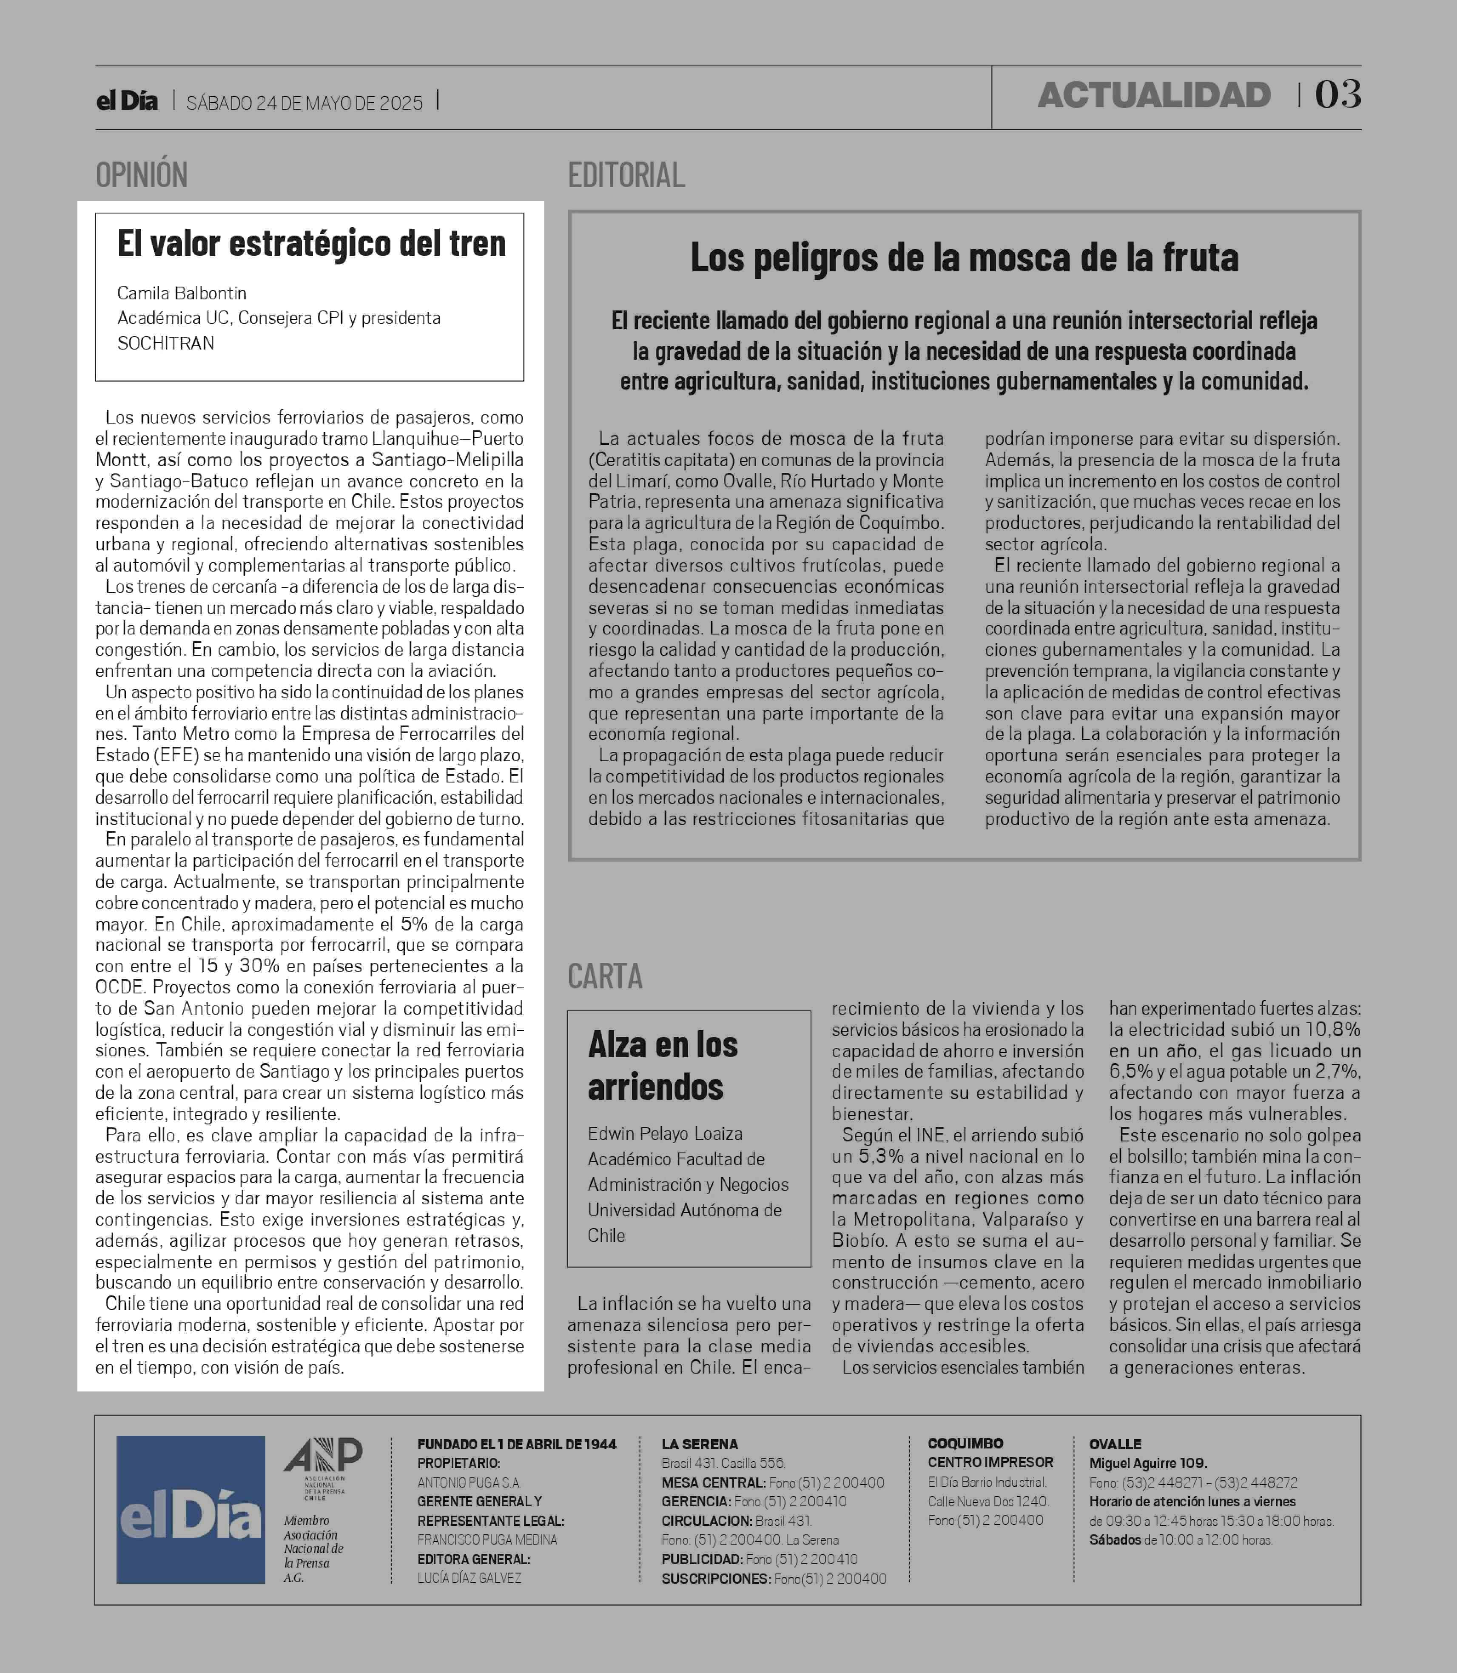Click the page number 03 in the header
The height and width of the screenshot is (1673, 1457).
tap(1337, 95)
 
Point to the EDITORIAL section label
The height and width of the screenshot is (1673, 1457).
tap(626, 175)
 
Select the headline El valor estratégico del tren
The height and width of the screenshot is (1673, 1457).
tap(311, 243)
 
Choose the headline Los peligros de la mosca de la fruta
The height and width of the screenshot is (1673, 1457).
tap(964, 258)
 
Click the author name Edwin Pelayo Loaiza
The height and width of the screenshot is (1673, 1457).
tap(665, 1133)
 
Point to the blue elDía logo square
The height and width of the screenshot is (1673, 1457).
tap(190, 1510)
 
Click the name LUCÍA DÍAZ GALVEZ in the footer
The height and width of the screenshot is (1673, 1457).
tap(469, 1578)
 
